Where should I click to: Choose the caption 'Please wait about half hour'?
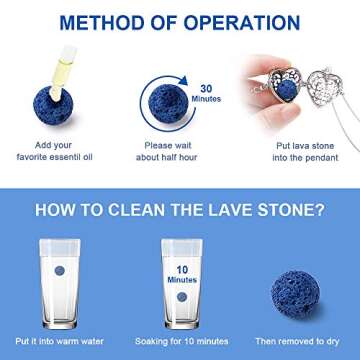[180, 165]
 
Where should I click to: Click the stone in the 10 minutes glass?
[180, 297]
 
